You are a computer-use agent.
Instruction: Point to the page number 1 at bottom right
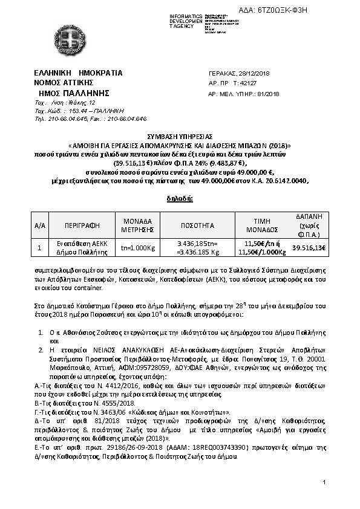pyautogui.click(x=324, y=482)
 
